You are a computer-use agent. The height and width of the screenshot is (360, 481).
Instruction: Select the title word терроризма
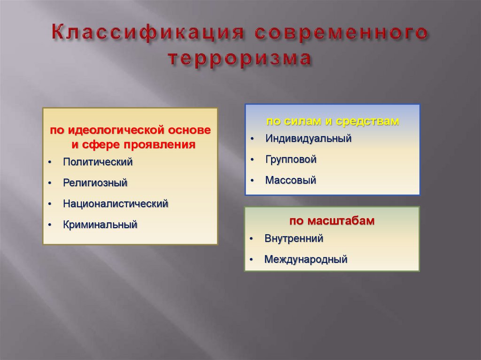point(240,60)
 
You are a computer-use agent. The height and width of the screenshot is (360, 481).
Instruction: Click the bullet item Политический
point(98,162)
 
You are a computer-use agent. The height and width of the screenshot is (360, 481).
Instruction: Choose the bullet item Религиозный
point(95,183)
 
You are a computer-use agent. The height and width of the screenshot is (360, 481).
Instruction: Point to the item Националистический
point(116,204)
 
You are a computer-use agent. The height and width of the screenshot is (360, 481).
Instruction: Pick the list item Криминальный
point(100,224)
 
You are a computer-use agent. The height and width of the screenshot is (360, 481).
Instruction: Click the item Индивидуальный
point(308,138)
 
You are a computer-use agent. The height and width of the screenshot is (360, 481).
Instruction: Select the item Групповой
point(291,159)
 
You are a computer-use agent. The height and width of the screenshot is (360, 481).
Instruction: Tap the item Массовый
point(290,180)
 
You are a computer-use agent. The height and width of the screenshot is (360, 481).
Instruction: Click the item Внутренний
point(294,238)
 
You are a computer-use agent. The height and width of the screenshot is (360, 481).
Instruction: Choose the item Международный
point(305,259)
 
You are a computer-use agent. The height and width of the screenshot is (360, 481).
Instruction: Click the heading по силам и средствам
point(333,121)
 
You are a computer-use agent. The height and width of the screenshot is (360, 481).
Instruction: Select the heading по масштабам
point(332,221)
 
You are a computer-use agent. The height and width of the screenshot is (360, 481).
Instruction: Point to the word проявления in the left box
point(167,144)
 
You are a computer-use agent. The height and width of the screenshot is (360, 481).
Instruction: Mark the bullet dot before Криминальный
point(49,225)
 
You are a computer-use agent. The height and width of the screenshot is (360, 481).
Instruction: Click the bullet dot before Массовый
point(252,181)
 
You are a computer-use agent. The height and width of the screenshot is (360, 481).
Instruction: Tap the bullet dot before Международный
point(252,260)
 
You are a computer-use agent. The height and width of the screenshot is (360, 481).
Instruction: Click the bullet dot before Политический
point(49,163)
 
